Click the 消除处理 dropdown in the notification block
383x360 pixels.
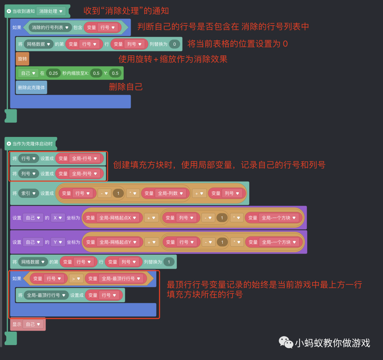coord(51,11)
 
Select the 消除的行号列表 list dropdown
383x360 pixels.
coord(50,27)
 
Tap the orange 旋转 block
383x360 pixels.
coord(22,59)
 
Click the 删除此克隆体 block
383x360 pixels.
coord(31,87)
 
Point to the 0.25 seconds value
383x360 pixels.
coord(53,73)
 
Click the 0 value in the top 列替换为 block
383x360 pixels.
coord(174,44)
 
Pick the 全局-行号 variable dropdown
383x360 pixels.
coord(84,159)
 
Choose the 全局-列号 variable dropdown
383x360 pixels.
coord(84,174)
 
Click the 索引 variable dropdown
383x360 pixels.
coord(29,193)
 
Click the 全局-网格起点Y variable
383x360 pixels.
coord(118,242)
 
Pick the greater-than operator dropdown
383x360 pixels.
coord(76,279)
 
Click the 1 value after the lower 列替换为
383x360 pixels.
coord(169,262)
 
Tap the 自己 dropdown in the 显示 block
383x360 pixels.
coord(33,324)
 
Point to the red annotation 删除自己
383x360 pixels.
coord(126,87)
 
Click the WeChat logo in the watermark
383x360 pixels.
coord(285,342)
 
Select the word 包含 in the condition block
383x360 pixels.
coord(78,27)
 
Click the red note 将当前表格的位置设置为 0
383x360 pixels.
coord(237,44)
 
